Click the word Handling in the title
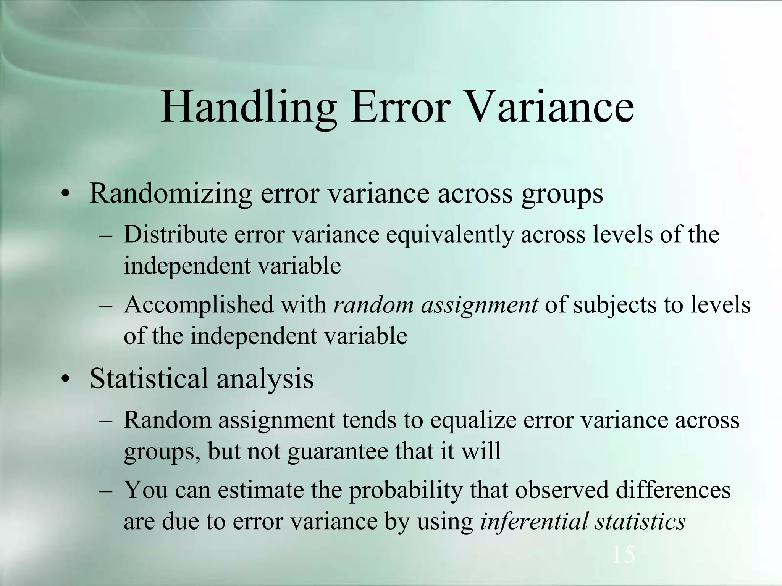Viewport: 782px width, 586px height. click(248, 108)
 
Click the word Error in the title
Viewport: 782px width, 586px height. click(399, 108)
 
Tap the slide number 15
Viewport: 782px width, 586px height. click(623, 554)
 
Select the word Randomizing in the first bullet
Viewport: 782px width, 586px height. click(170, 193)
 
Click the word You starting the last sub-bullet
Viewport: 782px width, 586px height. click(146, 490)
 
